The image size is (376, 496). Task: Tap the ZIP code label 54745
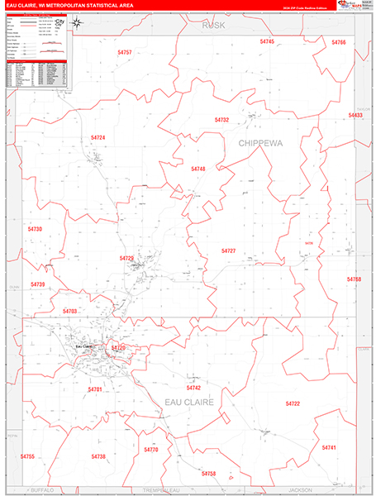pyautogui.click(x=267, y=41)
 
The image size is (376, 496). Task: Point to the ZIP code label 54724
pyautogui.click(x=98, y=137)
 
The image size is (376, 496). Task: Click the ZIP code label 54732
pyautogui.click(x=221, y=120)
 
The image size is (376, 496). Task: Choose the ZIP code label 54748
pyautogui.click(x=198, y=169)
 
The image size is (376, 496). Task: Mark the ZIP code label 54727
pyautogui.click(x=229, y=250)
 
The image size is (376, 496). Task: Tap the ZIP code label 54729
pyautogui.click(x=126, y=259)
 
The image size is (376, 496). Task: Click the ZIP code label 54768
pyautogui.click(x=354, y=279)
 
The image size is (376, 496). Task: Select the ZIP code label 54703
pyautogui.click(x=70, y=311)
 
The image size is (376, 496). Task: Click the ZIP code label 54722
pyautogui.click(x=293, y=403)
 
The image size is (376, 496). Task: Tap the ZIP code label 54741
pyautogui.click(x=329, y=447)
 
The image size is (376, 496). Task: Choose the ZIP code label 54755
pyautogui.click(x=27, y=456)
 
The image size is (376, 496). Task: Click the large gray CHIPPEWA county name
pyautogui.click(x=260, y=143)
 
